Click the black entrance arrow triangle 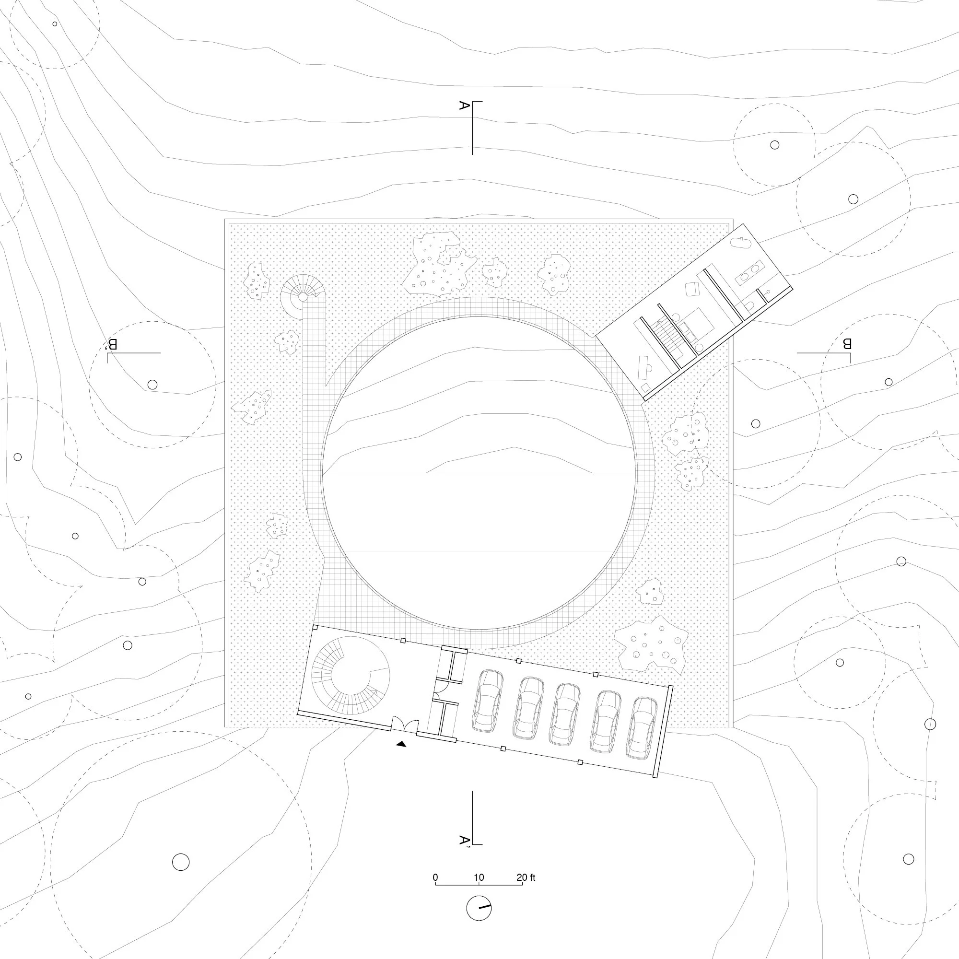click(x=401, y=744)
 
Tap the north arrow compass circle click(x=479, y=908)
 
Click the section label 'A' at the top click(x=465, y=105)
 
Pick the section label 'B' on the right click(x=847, y=343)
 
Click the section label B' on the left click(x=112, y=344)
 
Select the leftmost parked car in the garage click(x=488, y=701)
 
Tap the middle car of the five click(x=565, y=714)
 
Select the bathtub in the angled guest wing click(x=743, y=243)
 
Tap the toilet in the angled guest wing click(x=749, y=305)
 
